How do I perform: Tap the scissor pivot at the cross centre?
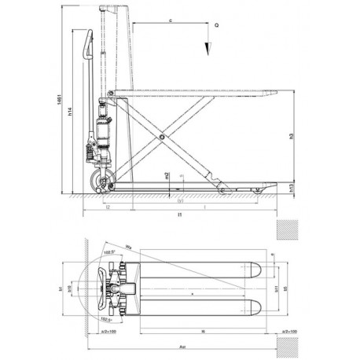click(x=163, y=138)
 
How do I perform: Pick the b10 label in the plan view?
click(x=72, y=290)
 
